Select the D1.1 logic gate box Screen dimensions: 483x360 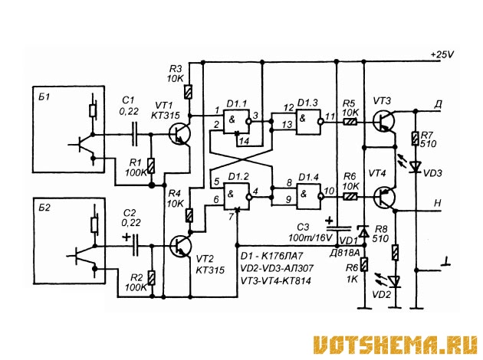click(236, 121)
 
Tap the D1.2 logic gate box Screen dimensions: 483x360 click(236, 196)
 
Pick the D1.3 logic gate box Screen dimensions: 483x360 click(308, 122)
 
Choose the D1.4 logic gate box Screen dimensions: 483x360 click(309, 196)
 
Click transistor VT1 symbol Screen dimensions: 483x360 click(180, 134)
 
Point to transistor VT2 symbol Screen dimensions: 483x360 click(180, 246)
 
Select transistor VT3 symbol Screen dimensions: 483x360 click(384, 121)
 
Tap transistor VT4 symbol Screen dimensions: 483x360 click(384, 197)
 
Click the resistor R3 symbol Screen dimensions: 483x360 click(188, 92)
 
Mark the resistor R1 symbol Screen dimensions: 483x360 click(151, 166)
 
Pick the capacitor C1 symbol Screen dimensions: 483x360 click(135, 134)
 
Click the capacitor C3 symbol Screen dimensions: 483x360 click(338, 228)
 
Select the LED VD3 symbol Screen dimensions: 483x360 click(416, 166)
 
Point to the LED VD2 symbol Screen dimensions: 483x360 click(394, 281)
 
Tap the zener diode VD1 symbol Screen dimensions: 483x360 click(364, 232)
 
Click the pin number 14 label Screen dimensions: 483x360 click(245, 141)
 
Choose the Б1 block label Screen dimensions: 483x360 click(44, 97)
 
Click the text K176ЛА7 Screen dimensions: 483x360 click(283, 256)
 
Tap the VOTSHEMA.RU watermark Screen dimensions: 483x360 click(396, 345)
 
